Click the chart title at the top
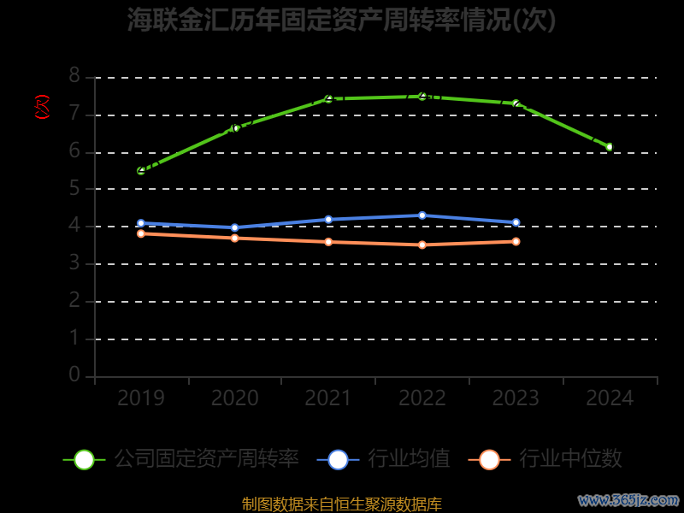342,20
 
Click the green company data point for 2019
141,171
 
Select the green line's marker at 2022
422,97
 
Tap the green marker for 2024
610,147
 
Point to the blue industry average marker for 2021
328,220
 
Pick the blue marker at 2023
516,222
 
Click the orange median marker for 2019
141,233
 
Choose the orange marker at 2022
422,245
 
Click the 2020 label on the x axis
235,398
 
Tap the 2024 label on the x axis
610,398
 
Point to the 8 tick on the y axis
74,76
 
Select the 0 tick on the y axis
74,375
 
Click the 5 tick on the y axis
74,188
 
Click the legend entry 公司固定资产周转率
206,459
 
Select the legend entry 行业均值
409,459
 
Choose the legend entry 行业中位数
570,459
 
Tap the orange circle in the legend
489,459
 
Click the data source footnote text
342,504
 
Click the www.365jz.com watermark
628,499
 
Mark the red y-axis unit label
42,107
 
